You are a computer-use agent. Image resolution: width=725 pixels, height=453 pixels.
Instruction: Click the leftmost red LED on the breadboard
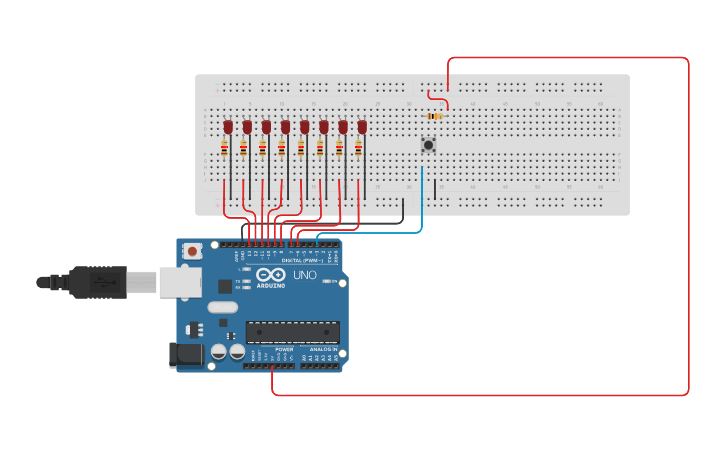228,127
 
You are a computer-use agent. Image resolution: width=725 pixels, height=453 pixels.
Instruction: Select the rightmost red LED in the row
362,127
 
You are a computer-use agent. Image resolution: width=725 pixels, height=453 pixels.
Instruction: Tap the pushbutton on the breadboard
428,145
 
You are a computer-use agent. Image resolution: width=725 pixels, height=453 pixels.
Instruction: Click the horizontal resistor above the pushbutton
434,116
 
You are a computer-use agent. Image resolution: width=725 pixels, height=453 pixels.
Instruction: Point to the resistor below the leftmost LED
225,148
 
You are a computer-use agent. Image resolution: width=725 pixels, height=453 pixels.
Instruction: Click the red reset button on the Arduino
192,251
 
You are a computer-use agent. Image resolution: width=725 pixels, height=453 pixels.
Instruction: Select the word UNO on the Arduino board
303,275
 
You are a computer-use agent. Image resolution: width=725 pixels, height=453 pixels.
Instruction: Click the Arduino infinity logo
270,275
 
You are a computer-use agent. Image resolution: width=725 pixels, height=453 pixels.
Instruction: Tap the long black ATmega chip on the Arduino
292,332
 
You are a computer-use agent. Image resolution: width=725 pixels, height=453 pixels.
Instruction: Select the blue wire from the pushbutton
422,200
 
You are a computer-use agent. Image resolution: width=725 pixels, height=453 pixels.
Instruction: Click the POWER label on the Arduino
270,349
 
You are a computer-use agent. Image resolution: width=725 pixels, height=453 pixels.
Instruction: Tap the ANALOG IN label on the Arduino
324,349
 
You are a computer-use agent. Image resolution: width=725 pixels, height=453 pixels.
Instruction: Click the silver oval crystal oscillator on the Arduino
224,307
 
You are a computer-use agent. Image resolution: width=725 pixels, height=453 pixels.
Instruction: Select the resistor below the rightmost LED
358,148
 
